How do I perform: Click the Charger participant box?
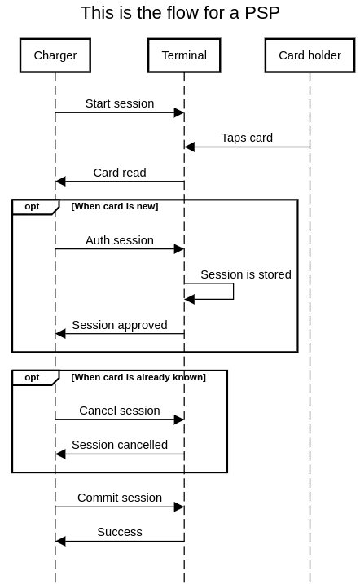tap(55, 55)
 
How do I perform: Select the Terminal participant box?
tap(184, 55)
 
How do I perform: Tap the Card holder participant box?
tap(310, 55)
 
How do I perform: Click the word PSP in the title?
tap(262, 13)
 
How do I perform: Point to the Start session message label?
tap(120, 103)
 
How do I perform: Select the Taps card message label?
tap(247, 138)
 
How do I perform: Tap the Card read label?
tap(120, 173)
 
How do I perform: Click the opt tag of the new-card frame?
tap(32, 206)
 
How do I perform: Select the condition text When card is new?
tap(115, 206)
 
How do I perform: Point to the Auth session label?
tap(120, 240)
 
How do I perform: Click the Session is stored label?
tap(246, 274)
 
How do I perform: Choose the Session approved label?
tap(120, 325)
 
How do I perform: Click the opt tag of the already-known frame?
tap(32, 377)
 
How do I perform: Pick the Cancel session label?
tap(120, 411)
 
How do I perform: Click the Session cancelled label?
tap(120, 445)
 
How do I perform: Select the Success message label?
tap(120, 532)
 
